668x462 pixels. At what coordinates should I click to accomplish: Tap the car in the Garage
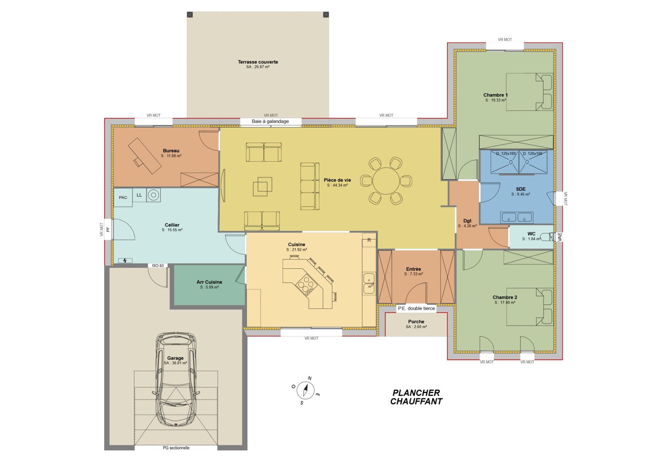tap(176, 379)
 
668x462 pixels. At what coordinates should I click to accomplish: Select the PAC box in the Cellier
tap(123, 197)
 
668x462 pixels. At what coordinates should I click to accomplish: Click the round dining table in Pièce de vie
tap(386, 181)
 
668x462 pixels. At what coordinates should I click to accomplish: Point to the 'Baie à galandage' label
tap(270, 122)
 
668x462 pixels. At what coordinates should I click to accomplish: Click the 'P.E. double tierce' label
tap(416, 308)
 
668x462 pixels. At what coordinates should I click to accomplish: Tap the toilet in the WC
tap(547, 237)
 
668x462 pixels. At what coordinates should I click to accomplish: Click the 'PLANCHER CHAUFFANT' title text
tap(416, 397)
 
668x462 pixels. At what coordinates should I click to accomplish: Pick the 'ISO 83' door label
tap(158, 266)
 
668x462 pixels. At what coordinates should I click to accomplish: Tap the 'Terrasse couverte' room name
tap(258, 62)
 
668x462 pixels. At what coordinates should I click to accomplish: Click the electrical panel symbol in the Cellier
tap(125, 260)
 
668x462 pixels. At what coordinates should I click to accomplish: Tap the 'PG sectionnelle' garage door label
tap(176, 448)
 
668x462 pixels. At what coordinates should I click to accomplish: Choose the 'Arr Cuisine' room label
tap(209, 282)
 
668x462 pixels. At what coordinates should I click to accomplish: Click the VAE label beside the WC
tap(560, 237)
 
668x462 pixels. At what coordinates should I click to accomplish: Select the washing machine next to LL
tap(154, 195)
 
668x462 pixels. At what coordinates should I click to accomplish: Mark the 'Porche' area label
tap(416, 322)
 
